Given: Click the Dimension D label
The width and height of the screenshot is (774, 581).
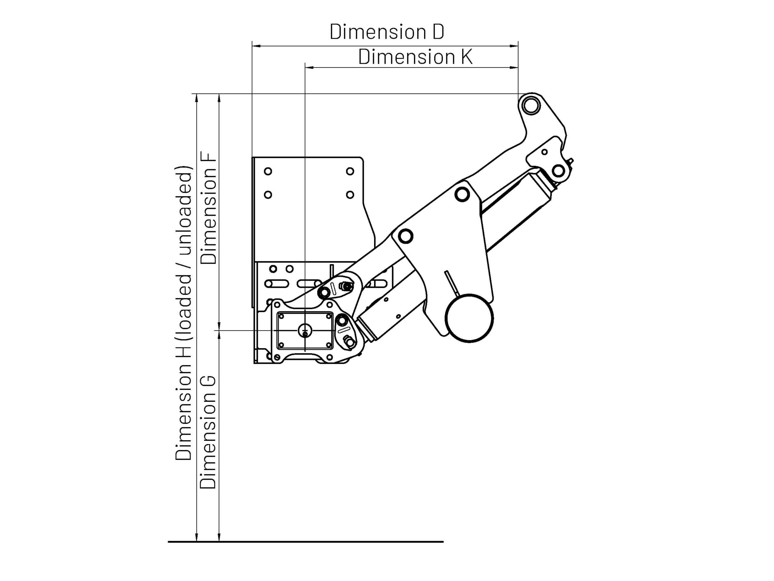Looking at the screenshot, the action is pos(387,32).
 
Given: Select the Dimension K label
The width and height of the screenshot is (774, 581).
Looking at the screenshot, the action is pos(415,57).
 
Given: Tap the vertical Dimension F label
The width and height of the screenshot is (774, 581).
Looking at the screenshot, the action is pos(209,208).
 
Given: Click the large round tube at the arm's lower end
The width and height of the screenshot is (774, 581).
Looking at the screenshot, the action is pos(469,318).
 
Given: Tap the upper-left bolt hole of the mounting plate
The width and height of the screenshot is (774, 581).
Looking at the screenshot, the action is pos(268,171).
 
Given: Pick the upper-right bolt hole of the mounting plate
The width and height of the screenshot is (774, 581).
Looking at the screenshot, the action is pos(350,171).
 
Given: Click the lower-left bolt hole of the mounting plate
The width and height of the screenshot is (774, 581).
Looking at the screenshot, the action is pos(268,195).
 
